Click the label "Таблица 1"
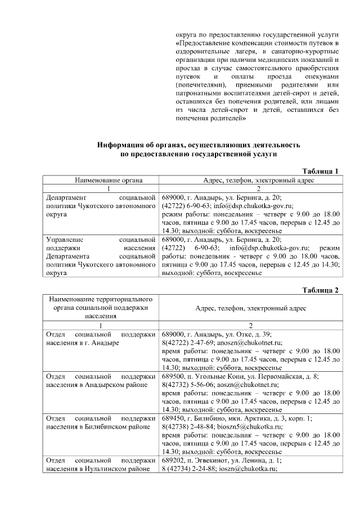[x=321, y=171]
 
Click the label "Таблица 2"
[x=321, y=290]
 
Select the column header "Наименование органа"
[x=101, y=180]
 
